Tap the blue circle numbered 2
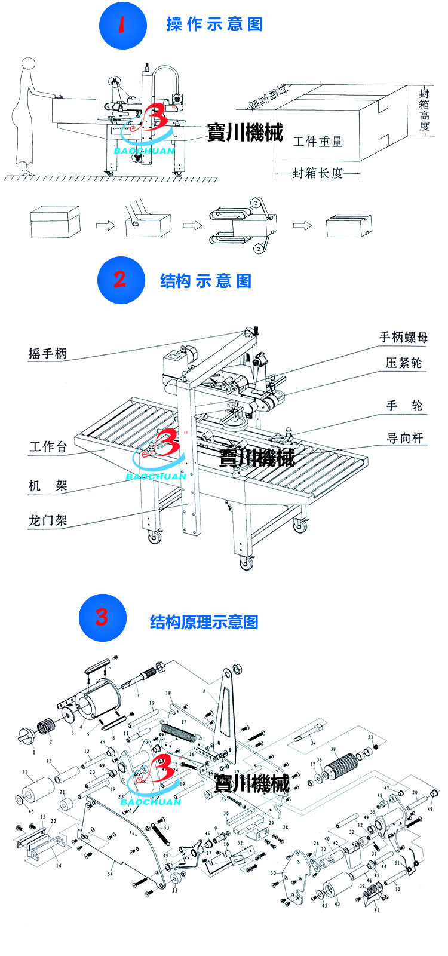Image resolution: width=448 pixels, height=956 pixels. pos(121,280)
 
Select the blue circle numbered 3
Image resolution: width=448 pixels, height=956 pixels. pos(103,617)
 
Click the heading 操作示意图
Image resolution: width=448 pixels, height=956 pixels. pos(214,24)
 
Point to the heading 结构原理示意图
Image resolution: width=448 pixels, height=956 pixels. pos(204,622)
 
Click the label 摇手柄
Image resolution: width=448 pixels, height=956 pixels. pos(47,353)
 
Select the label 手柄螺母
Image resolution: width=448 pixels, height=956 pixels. pos(403,337)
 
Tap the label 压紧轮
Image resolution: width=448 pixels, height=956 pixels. pos(403,363)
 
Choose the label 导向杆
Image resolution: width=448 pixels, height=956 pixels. pos(404,438)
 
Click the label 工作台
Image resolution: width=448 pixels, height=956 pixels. pos(48,446)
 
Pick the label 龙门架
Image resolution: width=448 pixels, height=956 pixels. pos(48,520)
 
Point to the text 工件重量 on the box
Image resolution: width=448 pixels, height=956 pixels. pos(318,142)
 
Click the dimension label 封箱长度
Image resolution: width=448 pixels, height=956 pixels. pos(318,173)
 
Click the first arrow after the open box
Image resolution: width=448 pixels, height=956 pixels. pos(105,225)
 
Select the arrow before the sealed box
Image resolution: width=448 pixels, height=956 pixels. pos(302,225)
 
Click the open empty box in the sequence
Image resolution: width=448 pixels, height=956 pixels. pos(54,222)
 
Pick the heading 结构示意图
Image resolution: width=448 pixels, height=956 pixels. pos(205,281)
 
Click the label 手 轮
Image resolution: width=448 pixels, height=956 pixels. pos(404,406)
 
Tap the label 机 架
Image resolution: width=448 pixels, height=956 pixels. pos(48,485)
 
